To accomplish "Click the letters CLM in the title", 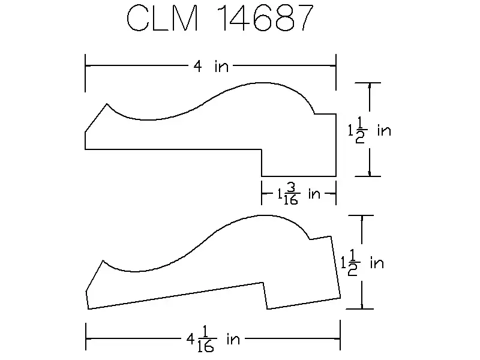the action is click(x=162, y=18).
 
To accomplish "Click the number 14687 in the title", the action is click(x=266, y=18).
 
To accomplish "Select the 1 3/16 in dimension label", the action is click(x=298, y=194).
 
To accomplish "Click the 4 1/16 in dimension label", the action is click(x=213, y=339).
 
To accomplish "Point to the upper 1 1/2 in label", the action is click(x=370, y=130).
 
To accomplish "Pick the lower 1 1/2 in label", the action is click(x=362, y=263).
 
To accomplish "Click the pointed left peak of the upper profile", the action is click(x=107, y=104).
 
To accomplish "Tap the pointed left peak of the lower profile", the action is click(x=103, y=261).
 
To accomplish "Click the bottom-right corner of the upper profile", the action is click(x=336, y=176).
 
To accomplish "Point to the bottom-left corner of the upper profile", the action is click(x=85, y=149).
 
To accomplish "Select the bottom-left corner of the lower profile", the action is click(x=88, y=309).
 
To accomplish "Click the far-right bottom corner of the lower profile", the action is click(x=340, y=298).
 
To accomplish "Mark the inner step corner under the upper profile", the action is click(x=262, y=149).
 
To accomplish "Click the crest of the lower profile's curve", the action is click(x=263, y=215).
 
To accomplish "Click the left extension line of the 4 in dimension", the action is click(x=85, y=73).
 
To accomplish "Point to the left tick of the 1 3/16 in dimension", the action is click(x=262, y=193).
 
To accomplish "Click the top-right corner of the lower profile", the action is click(x=331, y=236).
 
